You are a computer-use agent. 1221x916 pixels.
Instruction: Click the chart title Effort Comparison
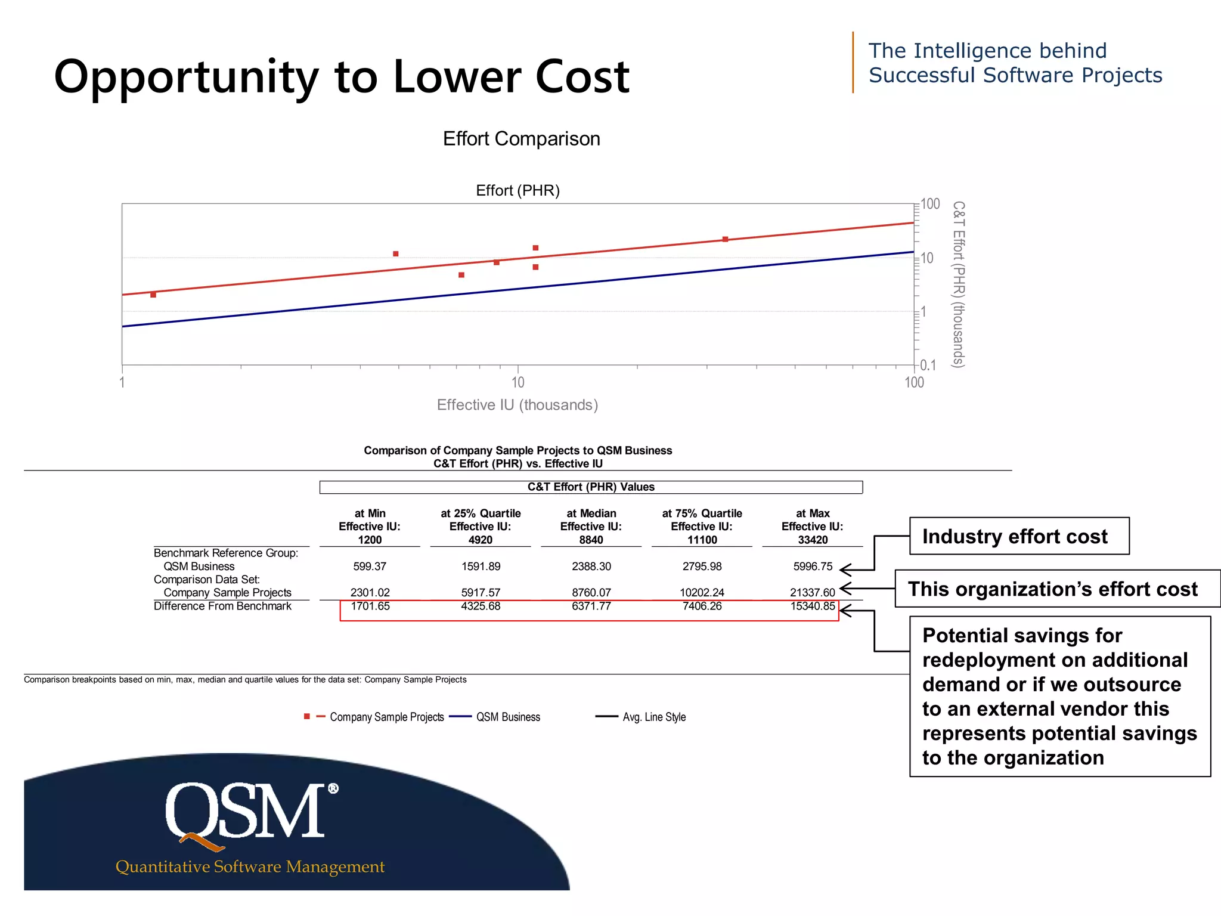pos(521,138)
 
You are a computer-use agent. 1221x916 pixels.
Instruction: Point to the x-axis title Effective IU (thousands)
pos(517,405)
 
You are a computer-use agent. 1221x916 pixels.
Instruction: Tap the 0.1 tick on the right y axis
pos(928,365)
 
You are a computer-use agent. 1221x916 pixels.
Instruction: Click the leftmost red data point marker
pos(153,295)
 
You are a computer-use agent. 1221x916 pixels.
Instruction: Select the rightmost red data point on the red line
pos(725,239)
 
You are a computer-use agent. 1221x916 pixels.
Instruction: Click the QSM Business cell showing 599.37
pos(370,566)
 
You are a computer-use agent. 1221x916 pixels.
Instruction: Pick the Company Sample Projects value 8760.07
pos(591,592)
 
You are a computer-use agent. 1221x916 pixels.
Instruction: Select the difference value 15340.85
pos(812,606)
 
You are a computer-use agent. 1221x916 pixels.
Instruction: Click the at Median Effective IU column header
pos(591,526)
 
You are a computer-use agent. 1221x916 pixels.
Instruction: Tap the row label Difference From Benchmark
pos(222,606)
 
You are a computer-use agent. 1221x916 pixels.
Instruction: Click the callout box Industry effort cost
pos(1018,536)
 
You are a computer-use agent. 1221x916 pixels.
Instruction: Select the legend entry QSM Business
pos(507,717)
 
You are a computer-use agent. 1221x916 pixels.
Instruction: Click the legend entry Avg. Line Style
pos(653,717)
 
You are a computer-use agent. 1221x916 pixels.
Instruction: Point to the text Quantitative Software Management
pos(250,867)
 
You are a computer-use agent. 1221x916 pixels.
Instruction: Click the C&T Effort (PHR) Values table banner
pos(590,487)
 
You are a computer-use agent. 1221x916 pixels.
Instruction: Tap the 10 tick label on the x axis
pos(517,382)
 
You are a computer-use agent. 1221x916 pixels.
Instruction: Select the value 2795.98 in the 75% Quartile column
pos(702,566)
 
